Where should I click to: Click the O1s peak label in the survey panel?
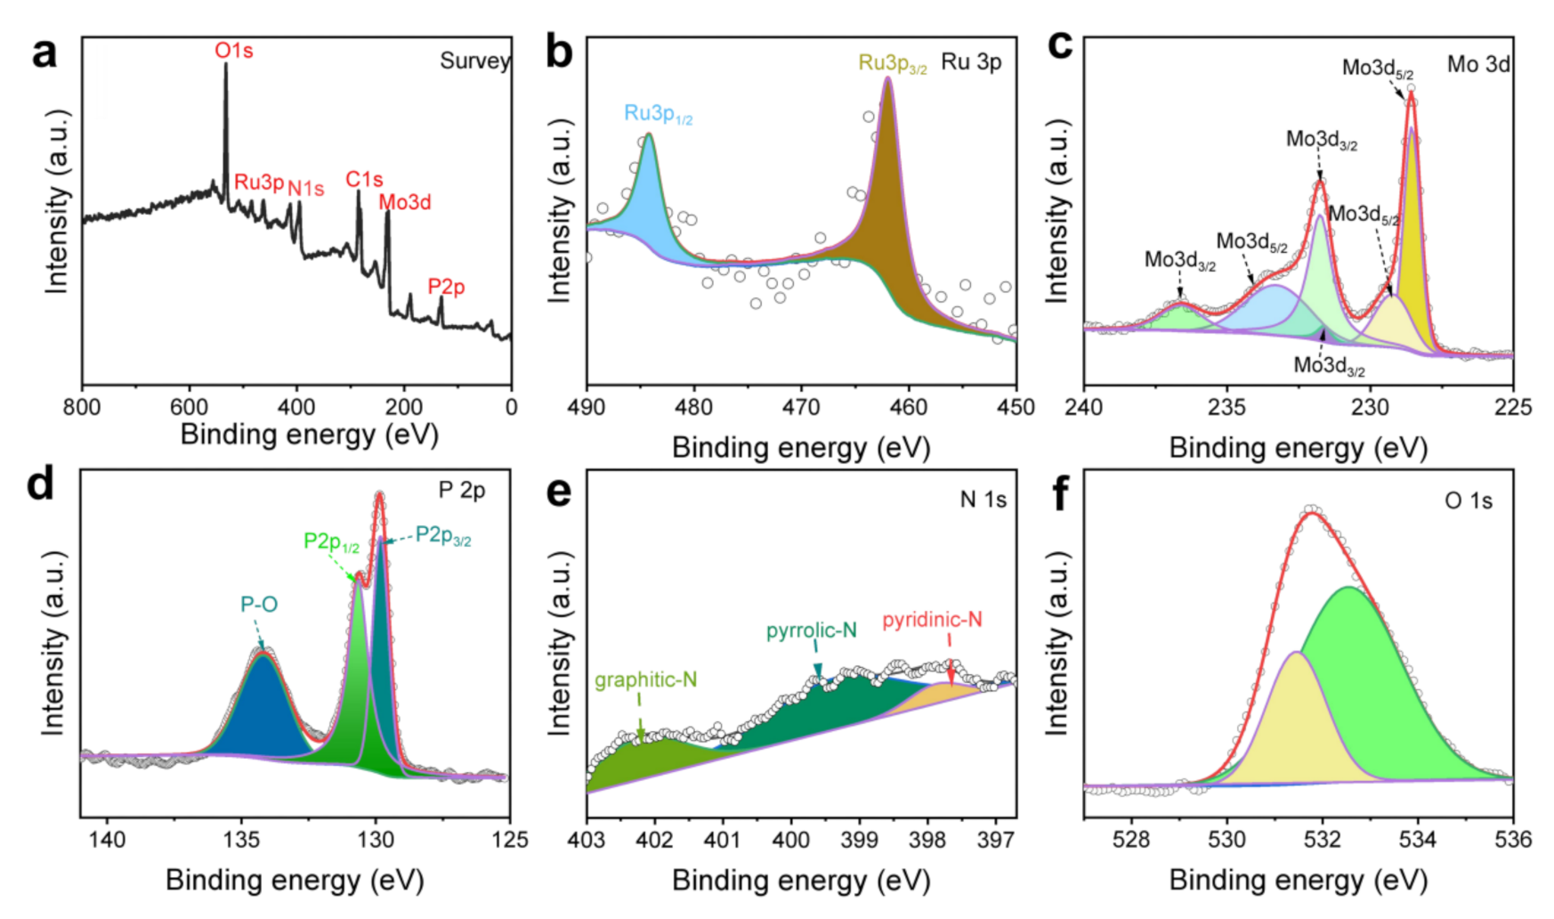(233, 51)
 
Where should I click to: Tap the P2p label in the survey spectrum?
(446, 287)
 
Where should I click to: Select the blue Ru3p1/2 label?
(658, 114)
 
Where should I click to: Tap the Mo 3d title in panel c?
(1477, 64)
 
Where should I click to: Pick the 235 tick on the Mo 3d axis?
(1226, 408)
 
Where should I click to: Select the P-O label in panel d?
(259, 605)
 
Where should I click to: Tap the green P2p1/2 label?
(331, 541)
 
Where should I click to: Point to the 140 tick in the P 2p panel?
(108, 840)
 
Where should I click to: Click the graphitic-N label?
(645, 680)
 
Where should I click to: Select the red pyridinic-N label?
(932, 620)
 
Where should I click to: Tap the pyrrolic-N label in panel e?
(811, 631)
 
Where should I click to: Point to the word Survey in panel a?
(474, 61)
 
